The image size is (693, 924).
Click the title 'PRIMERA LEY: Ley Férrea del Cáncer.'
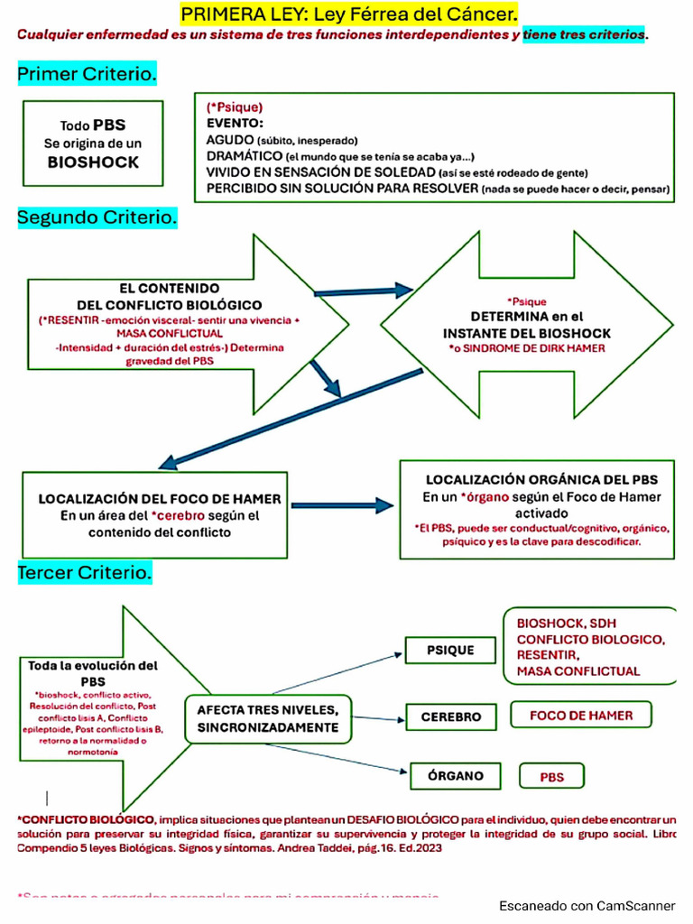click(x=350, y=14)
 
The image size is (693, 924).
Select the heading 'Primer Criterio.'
click(x=87, y=74)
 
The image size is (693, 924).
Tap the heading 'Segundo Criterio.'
click(x=97, y=217)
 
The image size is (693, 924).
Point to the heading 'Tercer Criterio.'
click(x=85, y=572)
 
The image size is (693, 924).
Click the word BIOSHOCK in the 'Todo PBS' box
click(x=94, y=162)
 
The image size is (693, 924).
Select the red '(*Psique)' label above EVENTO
click(x=234, y=106)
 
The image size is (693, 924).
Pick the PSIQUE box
click(x=450, y=650)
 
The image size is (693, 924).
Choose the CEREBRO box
click(x=451, y=717)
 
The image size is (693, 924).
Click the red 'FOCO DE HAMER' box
click(x=581, y=716)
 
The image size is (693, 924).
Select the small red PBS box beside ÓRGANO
click(x=551, y=776)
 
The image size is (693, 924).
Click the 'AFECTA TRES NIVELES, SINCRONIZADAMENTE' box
click(x=268, y=718)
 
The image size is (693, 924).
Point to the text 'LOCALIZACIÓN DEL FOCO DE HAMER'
click(x=159, y=499)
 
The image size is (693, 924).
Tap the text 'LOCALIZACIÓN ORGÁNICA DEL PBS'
click(x=541, y=479)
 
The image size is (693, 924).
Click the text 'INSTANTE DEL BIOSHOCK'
click(x=528, y=332)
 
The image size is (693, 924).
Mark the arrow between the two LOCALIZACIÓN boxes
click(x=342, y=505)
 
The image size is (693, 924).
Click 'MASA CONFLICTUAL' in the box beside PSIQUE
click(x=577, y=670)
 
